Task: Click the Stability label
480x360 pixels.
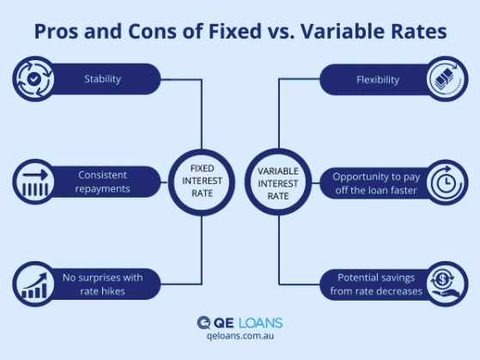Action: coord(102,79)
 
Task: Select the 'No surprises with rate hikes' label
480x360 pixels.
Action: coord(101,283)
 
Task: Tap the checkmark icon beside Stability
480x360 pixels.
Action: coord(33,79)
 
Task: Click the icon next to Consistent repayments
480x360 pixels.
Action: coord(33,181)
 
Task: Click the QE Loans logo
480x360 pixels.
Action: coord(240,323)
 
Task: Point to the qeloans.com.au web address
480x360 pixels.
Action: coord(240,338)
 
